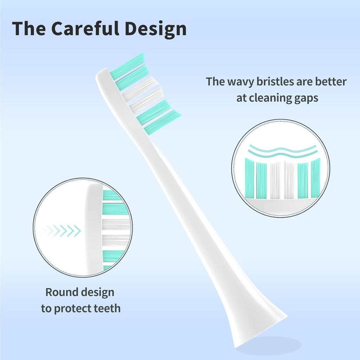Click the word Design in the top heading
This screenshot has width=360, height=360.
point(157,29)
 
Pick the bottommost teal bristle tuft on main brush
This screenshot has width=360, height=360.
point(162,122)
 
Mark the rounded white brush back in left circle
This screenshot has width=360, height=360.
point(94,229)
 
